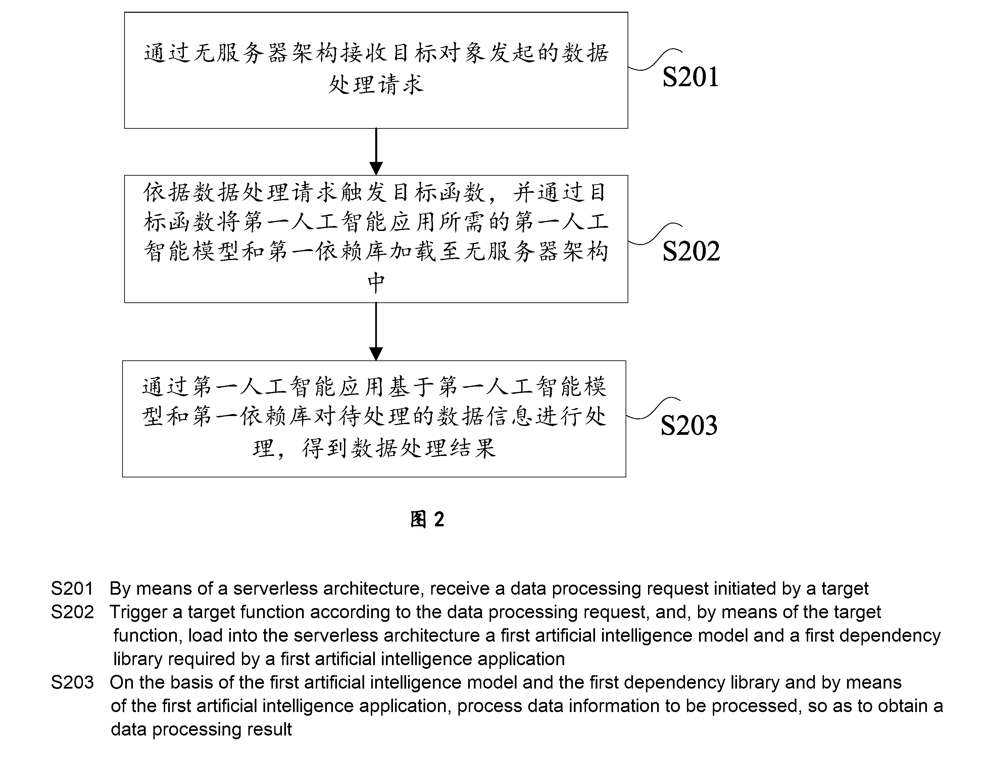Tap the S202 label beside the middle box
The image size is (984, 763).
[691, 251]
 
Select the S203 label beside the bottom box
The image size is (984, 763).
[689, 425]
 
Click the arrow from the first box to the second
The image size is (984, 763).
[376, 152]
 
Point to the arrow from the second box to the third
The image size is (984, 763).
[376, 331]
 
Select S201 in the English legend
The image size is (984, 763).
[72, 589]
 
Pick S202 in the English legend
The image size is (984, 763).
[72, 612]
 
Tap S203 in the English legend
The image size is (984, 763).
[72, 683]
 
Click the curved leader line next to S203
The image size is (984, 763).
[653, 408]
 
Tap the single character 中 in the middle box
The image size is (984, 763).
[376, 283]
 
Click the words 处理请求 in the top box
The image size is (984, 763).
[376, 84]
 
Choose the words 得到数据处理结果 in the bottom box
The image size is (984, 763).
[399, 448]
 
